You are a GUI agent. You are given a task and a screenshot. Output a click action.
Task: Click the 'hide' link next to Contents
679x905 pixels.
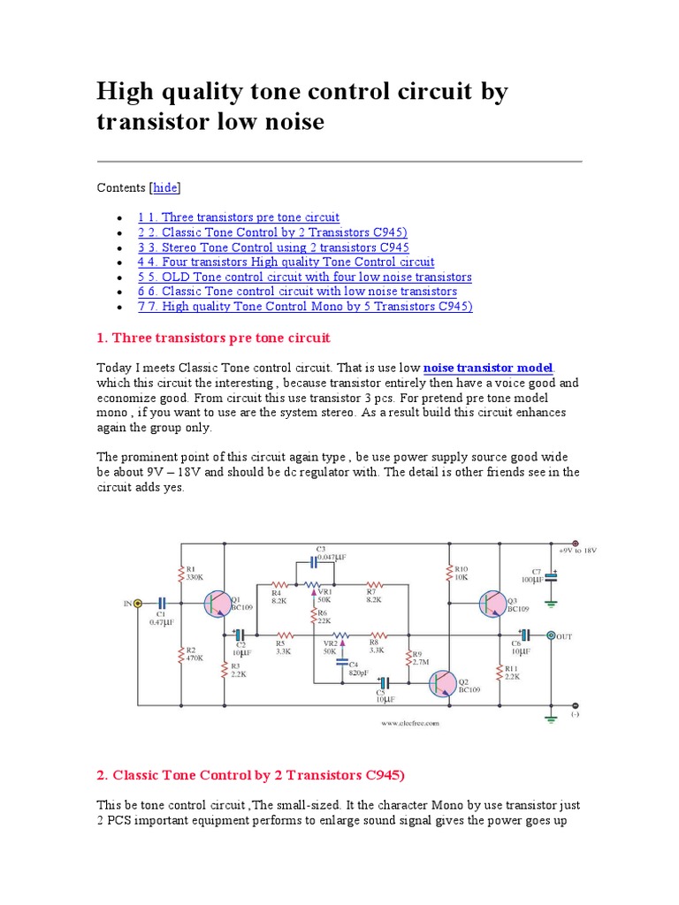click(165, 187)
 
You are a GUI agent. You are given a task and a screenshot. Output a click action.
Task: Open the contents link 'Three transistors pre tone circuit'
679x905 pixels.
click(238, 217)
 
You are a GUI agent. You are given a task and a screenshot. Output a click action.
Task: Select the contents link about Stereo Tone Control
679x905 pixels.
click(273, 247)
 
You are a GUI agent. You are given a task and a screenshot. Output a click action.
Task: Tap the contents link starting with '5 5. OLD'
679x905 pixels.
click(304, 277)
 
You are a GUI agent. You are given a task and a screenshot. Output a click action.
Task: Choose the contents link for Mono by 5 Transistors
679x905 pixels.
click(305, 307)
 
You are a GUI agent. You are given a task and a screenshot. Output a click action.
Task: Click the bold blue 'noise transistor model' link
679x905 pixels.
click(488, 368)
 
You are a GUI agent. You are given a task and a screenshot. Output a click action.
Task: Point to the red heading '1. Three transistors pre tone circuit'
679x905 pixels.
click(213, 338)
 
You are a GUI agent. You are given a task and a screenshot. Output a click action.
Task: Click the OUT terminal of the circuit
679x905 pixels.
click(552, 635)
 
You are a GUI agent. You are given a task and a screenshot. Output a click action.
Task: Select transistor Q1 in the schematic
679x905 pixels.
click(216, 604)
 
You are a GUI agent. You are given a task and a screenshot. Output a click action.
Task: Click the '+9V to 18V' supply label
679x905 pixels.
click(576, 550)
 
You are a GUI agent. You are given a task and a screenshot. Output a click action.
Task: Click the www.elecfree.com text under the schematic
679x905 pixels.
click(410, 723)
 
